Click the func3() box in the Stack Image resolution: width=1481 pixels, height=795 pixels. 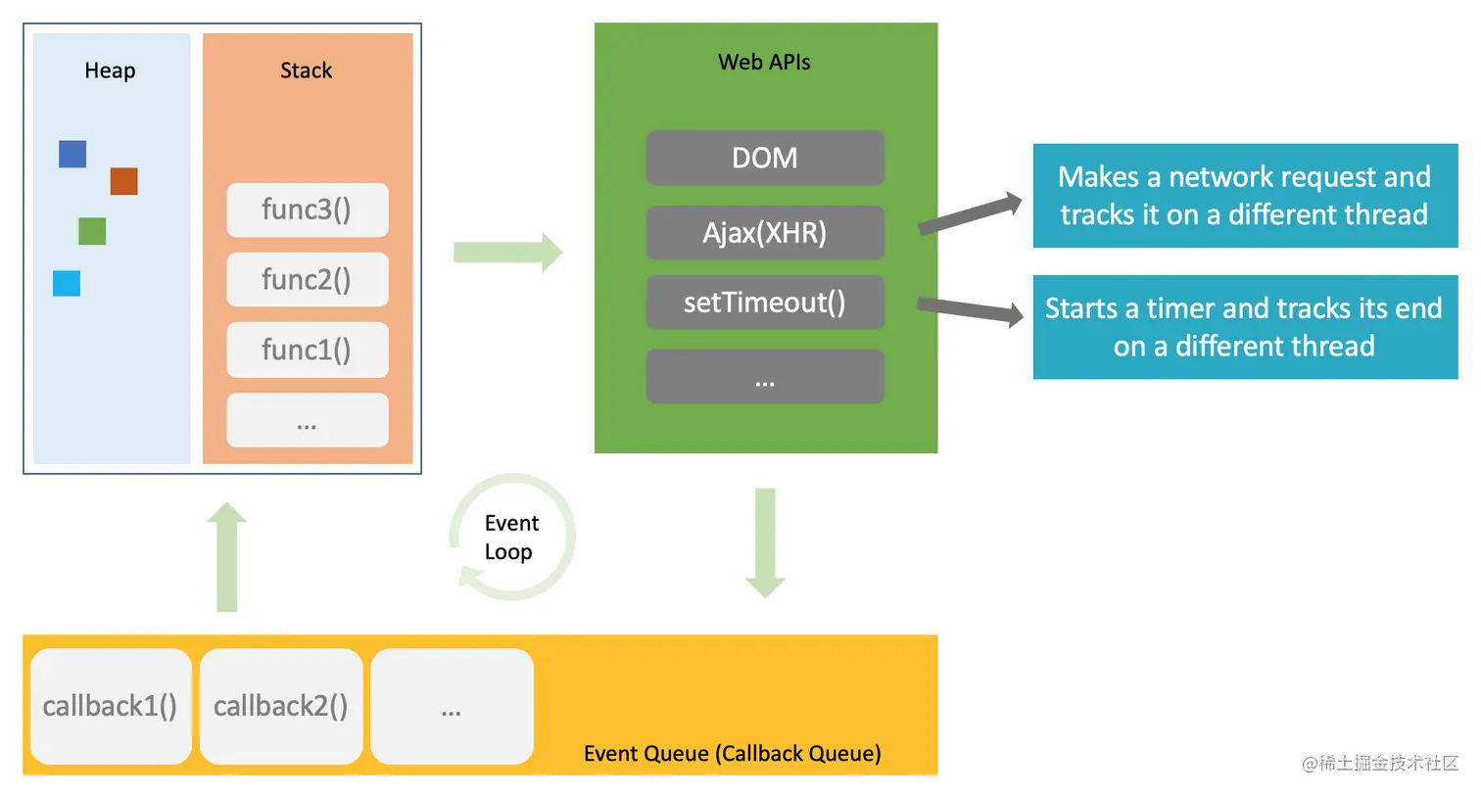(x=308, y=210)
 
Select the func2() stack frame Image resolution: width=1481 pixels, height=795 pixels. (x=308, y=280)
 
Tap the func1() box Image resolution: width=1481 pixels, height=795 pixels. (x=308, y=350)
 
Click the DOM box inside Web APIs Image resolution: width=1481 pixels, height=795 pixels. (x=765, y=158)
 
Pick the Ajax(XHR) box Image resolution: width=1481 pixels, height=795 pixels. (x=765, y=233)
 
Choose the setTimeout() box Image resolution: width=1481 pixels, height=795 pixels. (x=765, y=303)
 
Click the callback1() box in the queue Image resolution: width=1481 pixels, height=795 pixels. (x=111, y=706)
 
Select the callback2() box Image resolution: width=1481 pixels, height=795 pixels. (x=281, y=706)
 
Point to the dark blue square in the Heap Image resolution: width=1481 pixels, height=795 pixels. (x=72, y=154)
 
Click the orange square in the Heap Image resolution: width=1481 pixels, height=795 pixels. (x=124, y=181)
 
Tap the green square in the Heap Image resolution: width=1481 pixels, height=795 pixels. (x=92, y=231)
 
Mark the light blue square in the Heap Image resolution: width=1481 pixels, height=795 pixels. (x=67, y=284)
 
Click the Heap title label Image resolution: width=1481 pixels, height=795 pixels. (x=110, y=70)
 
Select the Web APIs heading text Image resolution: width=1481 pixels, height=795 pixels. (x=764, y=62)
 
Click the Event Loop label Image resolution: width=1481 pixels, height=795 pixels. (x=511, y=538)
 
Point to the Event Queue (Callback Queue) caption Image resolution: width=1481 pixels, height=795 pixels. (x=733, y=753)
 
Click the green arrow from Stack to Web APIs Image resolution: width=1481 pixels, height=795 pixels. (x=507, y=252)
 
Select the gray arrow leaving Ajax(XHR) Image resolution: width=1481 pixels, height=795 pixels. (x=970, y=212)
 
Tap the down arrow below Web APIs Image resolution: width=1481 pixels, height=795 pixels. (x=766, y=543)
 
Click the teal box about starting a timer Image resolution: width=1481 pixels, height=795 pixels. (x=1246, y=327)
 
